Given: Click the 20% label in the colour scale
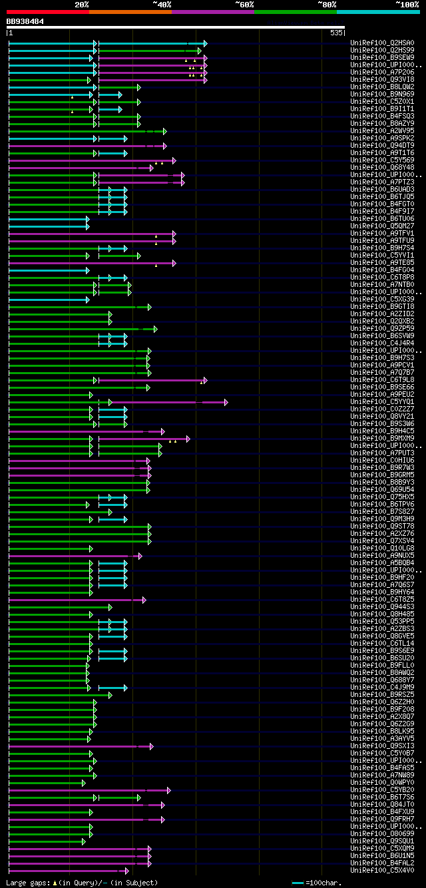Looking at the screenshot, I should (81, 4).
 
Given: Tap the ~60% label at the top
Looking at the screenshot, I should (244, 4).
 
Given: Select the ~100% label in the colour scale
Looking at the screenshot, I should (407, 4).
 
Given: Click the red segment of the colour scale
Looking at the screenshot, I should (47, 11).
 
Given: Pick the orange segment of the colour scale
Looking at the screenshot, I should (130, 11).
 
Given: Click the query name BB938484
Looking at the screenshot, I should (25, 21).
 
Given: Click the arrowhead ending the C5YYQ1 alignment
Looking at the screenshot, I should (226, 402).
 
